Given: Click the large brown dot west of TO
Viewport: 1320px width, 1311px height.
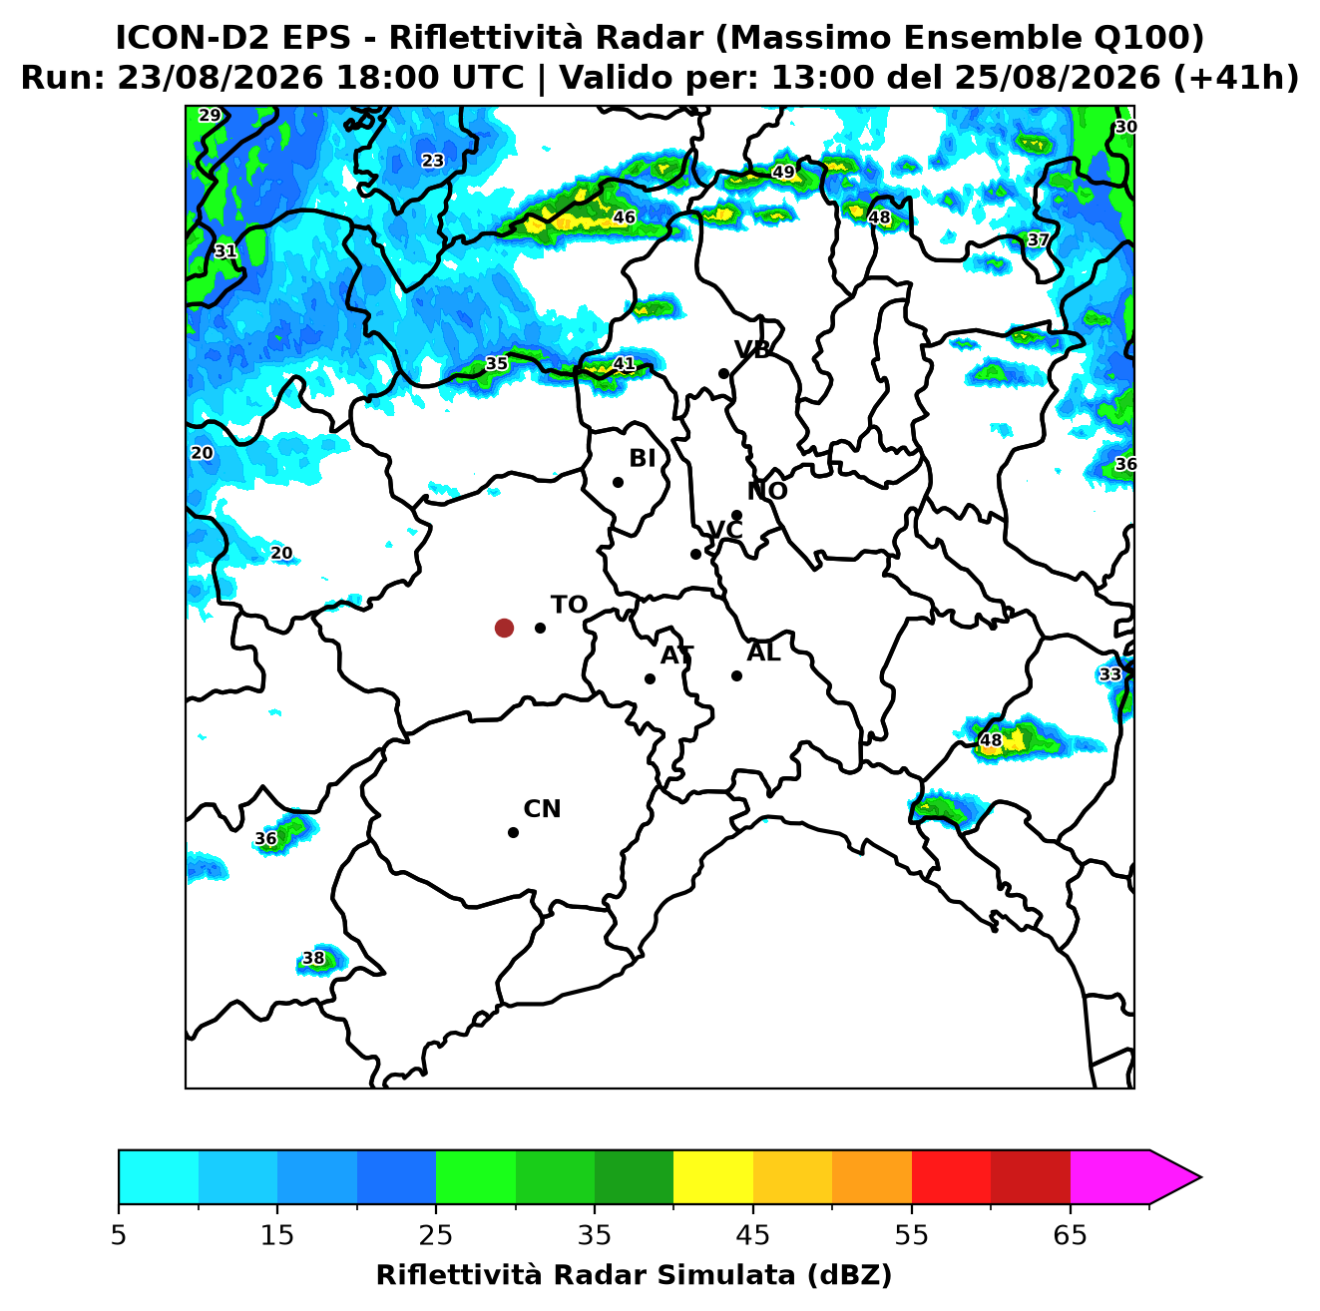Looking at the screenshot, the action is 504,627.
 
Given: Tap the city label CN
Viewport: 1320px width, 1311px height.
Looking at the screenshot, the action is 542,809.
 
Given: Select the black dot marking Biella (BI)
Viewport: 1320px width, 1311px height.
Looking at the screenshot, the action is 618,483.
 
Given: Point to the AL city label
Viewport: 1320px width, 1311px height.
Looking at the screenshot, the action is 763,653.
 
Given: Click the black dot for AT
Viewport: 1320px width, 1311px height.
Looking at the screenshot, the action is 650,678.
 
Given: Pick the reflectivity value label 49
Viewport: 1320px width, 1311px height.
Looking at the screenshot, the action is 783,172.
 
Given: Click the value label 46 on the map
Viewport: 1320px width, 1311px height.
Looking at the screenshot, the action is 624,218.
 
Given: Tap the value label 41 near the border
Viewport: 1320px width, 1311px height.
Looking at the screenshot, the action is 624,364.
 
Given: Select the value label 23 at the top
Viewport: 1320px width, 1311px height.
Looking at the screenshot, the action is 432,161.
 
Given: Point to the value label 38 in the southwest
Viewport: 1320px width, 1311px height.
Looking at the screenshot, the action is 313,958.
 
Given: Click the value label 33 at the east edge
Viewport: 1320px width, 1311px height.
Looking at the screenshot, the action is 1109,674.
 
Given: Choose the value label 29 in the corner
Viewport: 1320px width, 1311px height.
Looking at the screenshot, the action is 210,115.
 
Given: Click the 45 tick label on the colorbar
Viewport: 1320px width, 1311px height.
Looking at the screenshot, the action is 752,1235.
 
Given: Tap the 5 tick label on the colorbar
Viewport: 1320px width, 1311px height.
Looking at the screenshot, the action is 119,1235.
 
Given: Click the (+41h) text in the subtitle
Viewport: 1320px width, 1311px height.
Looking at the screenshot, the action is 1236,78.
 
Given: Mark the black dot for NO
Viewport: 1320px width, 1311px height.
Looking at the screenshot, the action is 736,516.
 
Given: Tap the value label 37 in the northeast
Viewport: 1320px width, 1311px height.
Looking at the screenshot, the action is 1038,239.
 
